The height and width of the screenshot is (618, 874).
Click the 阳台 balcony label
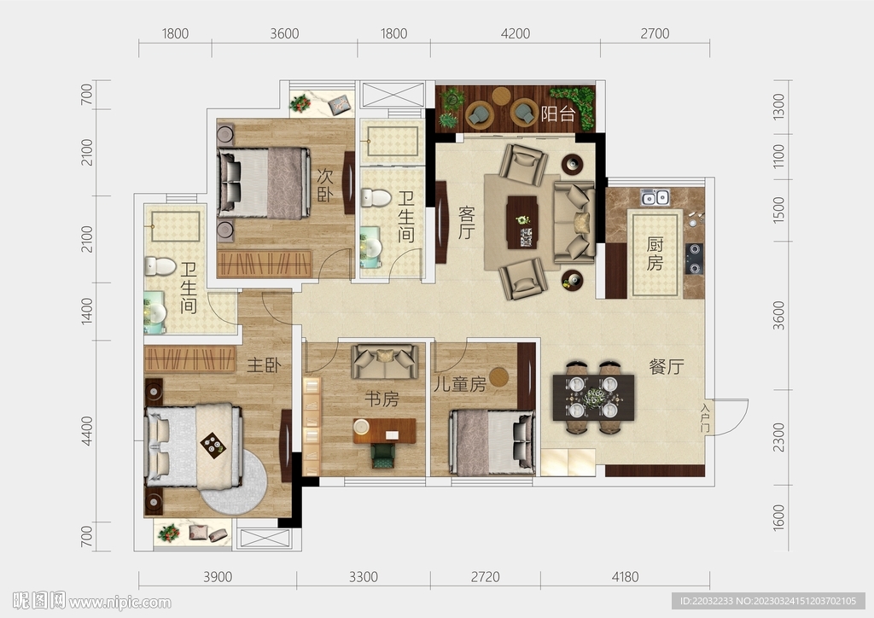[558, 114]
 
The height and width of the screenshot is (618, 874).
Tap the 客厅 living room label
[467, 222]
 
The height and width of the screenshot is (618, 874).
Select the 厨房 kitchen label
[655, 254]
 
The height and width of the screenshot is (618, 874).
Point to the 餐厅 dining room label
[667, 367]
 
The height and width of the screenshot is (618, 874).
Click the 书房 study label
[382, 399]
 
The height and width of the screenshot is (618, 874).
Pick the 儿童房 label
[460, 384]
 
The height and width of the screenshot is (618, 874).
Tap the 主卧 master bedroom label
[264, 365]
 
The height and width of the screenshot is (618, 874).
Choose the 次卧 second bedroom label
[325, 185]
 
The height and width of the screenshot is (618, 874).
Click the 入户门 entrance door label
[705, 417]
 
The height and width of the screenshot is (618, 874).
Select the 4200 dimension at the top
[515, 34]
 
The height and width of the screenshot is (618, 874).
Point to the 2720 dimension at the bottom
[485, 577]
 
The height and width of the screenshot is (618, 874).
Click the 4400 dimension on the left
[86, 431]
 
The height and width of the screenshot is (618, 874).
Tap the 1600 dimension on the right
[778, 517]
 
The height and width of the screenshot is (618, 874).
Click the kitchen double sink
[655, 197]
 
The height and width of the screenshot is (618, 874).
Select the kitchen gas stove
[695, 259]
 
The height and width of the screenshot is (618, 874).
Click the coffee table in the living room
[522, 222]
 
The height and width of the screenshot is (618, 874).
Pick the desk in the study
[385, 431]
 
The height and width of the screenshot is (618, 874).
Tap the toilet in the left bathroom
[160, 266]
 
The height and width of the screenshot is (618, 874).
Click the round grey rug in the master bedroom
[234, 482]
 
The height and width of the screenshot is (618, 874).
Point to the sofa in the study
[385, 362]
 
